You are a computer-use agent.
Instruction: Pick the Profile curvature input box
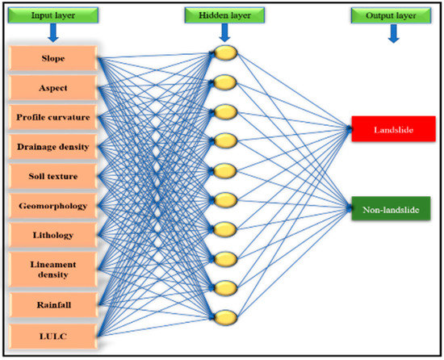54,118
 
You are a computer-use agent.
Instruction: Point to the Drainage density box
54,146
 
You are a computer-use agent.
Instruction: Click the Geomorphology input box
54,206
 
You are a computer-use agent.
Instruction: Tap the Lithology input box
54,234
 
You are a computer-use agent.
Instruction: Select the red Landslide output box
393,128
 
